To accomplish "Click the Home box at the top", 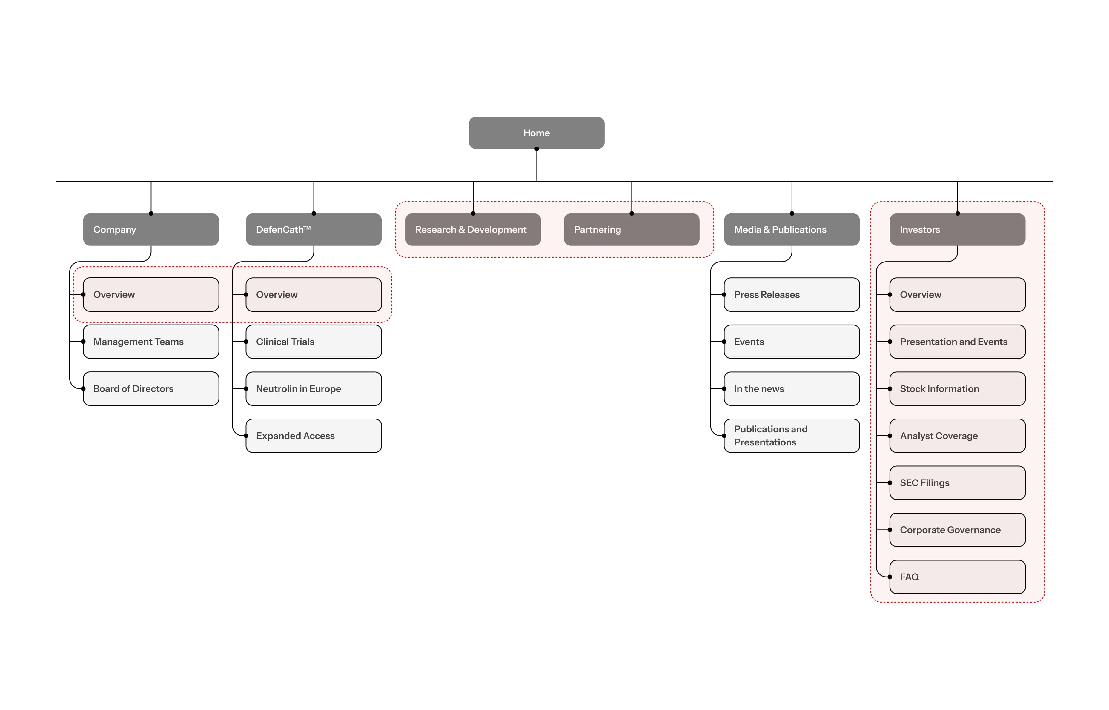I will click(x=536, y=133).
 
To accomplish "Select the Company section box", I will click(x=151, y=230).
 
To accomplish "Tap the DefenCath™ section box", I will click(x=314, y=230).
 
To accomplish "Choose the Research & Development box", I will click(x=473, y=230).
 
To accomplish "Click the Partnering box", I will click(x=631, y=230).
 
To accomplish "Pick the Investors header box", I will click(x=957, y=230).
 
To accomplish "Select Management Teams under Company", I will click(x=151, y=342).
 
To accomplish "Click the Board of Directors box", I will click(x=151, y=389).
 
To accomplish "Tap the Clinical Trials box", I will click(x=314, y=342).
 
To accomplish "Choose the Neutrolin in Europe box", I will click(x=314, y=389).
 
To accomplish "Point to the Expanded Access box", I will click(x=314, y=436).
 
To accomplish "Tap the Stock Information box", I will click(x=957, y=389).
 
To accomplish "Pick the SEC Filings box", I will click(x=957, y=483).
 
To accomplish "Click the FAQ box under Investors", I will click(x=957, y=577).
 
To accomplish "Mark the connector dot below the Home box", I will click(x=536, y=149).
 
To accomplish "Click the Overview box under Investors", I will click(x=957, y=295).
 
